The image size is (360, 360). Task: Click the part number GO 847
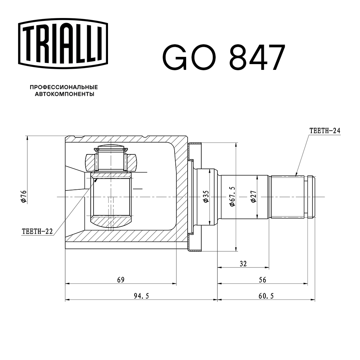click(224, 58)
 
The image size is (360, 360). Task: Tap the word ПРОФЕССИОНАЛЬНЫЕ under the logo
click(64, 87)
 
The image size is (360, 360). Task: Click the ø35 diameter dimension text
click(206, 197)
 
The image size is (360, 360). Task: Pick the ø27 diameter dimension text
click(253, 197)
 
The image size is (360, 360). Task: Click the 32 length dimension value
click(243, 264)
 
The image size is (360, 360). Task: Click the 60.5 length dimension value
click(266, 296)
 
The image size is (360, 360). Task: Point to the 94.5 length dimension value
click(141, 296)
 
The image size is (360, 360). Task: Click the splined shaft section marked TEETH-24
click(288, 197)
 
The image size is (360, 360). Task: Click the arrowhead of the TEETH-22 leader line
click(96, 180)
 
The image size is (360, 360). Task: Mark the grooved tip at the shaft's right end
click(311, 197)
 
